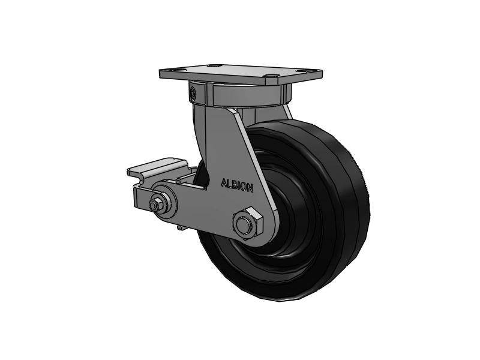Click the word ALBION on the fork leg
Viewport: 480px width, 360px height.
[x=238, y=185]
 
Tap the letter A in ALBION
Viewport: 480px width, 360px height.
[x=224, y=182]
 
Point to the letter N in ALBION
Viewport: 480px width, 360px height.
[x=250, y=188]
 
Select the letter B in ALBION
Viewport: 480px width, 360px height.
[x=235, y=184]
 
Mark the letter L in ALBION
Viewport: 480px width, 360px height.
[x=230, y=184]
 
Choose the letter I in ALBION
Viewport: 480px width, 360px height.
[x=239, y=185]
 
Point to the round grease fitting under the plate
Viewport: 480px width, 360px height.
[x=192, y=93]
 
